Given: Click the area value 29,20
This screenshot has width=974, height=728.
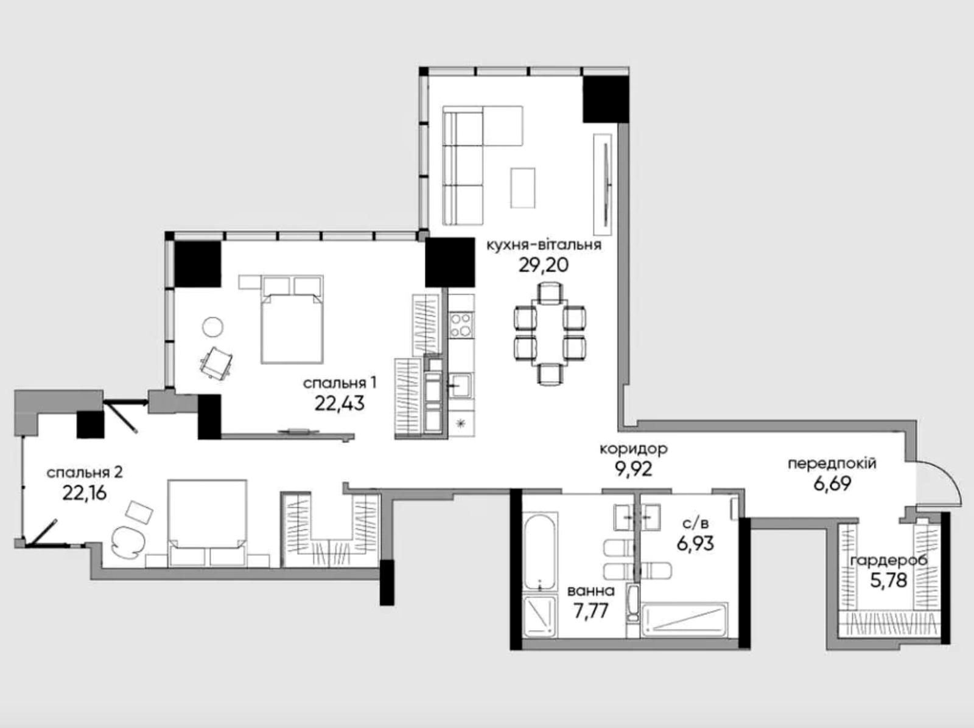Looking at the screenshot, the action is pyautogui.click(x=544, y=266).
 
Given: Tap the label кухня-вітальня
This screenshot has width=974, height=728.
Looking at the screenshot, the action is pyautogui.click(x=544, y=245).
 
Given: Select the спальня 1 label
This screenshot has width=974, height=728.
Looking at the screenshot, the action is pyautogui.click(x=340, y=383).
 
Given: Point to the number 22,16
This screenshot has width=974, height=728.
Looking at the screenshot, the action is pyautogui.click(x=84, y=493).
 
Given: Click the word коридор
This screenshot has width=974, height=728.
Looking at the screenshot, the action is pyautogui.click(x=633, y=449).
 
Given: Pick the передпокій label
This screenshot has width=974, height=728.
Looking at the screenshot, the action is pyautogui.click(x=832, y=464).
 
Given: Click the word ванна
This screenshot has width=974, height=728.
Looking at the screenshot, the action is pyautogui.click(x=591, y=591).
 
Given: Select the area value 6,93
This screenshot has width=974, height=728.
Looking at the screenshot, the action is pyautogui.click(x=695, y=544).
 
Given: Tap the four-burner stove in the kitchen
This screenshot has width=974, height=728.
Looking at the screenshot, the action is pyautogui.click(x=461, y=325).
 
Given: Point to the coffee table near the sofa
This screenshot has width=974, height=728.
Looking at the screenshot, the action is pyautogui.click(x=523, y=187).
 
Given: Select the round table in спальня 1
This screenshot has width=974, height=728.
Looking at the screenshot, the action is pyautogui.click(x=213, y=327).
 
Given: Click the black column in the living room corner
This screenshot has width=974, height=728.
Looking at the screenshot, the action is pyautogui.click(x=605, y=99).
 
